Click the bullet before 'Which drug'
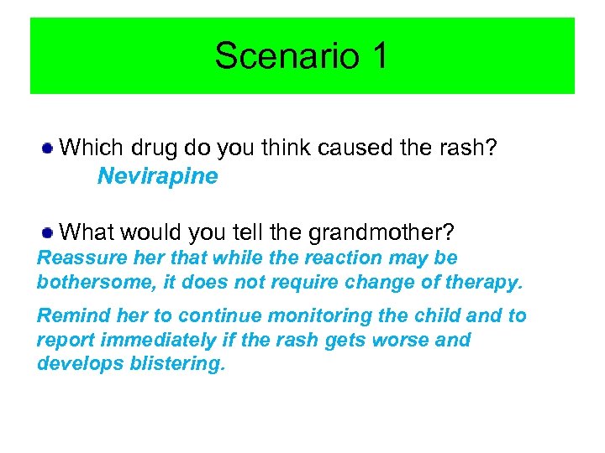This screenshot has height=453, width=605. (50, 148)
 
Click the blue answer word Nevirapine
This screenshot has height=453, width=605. (157, 176)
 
